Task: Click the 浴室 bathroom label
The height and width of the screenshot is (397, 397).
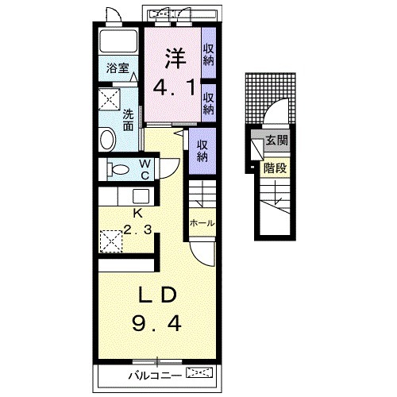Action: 118,68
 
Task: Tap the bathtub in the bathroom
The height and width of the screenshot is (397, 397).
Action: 118,40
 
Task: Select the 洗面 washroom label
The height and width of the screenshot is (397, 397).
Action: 128,120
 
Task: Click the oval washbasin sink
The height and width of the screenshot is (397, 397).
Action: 108,139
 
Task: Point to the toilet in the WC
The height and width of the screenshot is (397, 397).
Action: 118,169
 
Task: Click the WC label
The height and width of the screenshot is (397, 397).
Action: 145,169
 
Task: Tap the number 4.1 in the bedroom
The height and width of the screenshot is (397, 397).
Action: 175,88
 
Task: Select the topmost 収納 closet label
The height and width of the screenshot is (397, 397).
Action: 209,55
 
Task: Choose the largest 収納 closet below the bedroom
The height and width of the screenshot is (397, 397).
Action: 202,151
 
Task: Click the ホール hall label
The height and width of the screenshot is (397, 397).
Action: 202,223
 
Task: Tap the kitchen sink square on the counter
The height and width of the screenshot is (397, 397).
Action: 141,196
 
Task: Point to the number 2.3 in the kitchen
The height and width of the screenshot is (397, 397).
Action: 137,229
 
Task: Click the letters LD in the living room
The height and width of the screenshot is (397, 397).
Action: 158,295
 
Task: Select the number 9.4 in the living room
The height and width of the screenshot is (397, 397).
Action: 156,324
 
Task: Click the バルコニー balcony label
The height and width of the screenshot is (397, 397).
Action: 155,376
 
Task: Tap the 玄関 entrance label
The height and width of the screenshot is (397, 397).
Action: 276,140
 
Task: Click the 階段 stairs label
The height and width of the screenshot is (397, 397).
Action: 276,168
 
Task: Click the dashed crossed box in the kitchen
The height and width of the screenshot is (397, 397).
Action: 111,241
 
